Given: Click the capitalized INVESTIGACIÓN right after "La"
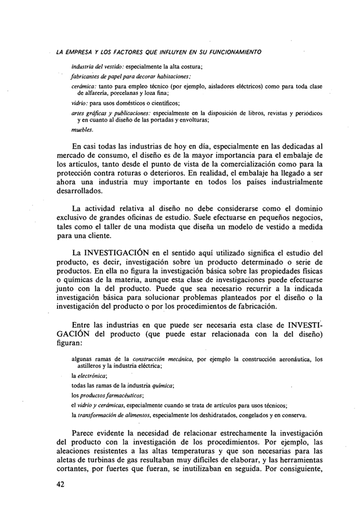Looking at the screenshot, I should click(122, 253).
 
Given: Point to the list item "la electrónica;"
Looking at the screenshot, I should click(89, 375).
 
